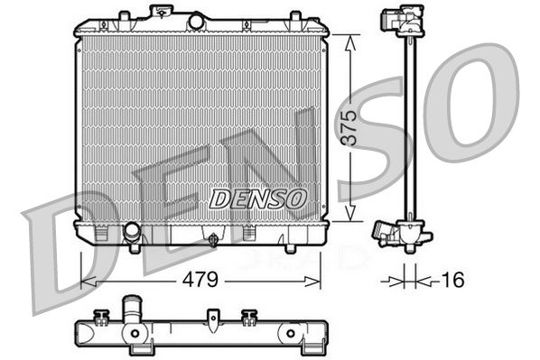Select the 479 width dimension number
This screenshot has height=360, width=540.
(x=200, y=282)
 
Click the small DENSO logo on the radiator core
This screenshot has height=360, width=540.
(x=258, y=197)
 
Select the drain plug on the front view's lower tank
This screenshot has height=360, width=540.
(x=211, y=239)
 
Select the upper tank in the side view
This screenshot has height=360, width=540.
(x=401, y=20)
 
